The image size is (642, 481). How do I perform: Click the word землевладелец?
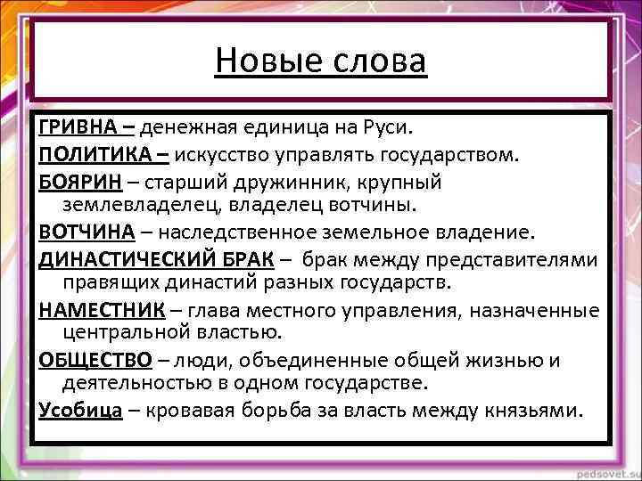click(x=141, y=207)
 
